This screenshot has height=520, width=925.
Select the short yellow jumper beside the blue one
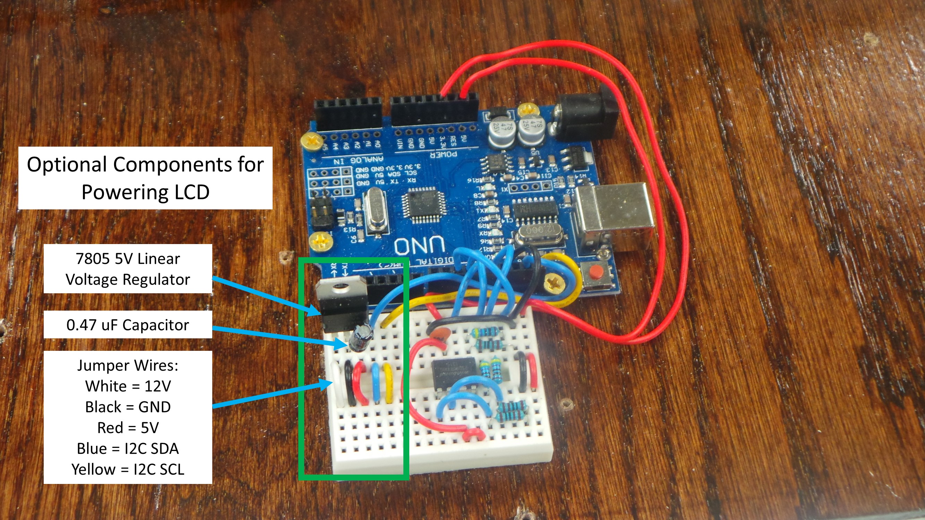tap(388, 383)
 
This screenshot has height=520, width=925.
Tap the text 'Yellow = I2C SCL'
tap(128, 469)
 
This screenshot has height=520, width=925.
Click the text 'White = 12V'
tap(128, 387)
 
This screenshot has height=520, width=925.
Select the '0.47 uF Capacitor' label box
tap(128, 325)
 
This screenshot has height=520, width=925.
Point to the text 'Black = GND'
tap(128, 407)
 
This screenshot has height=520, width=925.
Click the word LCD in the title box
tap(192, 192)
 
